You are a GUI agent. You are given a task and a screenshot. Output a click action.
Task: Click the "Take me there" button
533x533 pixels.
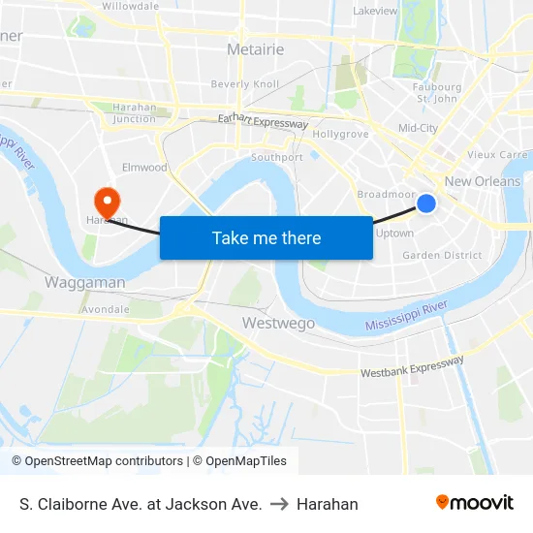point(266,237)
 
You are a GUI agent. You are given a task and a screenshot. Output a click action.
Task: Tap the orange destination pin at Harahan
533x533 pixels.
point(106,201)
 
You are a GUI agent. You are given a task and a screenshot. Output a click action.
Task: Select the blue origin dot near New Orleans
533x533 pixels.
point(426,203)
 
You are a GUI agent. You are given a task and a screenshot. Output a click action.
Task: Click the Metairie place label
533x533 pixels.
point(255,48)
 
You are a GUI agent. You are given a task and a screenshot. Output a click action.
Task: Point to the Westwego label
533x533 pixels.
point(274,322)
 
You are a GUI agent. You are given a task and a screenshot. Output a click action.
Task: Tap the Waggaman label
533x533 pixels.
point(84,282)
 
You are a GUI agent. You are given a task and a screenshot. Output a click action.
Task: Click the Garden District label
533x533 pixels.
point(442,256)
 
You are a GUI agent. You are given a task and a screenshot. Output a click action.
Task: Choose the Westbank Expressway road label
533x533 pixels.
point(412,366)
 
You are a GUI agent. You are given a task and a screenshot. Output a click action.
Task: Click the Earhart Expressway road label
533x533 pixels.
point(263,121)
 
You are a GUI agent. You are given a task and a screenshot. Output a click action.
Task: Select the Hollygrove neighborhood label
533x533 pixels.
point(340,135)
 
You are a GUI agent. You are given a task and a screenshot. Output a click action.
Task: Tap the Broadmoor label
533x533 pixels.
point(386,195)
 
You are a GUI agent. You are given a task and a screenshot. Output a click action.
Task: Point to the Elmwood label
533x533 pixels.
point(144,168)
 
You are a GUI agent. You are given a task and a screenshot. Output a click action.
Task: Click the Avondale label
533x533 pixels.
point(107,310)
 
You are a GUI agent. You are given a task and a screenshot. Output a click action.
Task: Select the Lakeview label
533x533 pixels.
point(375,12)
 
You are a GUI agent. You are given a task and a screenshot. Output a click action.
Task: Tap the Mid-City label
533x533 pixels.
point(418,128)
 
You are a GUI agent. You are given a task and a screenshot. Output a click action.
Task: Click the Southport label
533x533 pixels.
point(277,157)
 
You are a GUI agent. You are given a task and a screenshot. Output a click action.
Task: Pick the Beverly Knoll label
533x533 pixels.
point(245,84)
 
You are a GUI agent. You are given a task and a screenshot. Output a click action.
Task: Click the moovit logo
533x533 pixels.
point(475,503)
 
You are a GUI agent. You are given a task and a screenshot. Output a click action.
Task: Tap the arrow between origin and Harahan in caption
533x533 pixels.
point(279,504)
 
